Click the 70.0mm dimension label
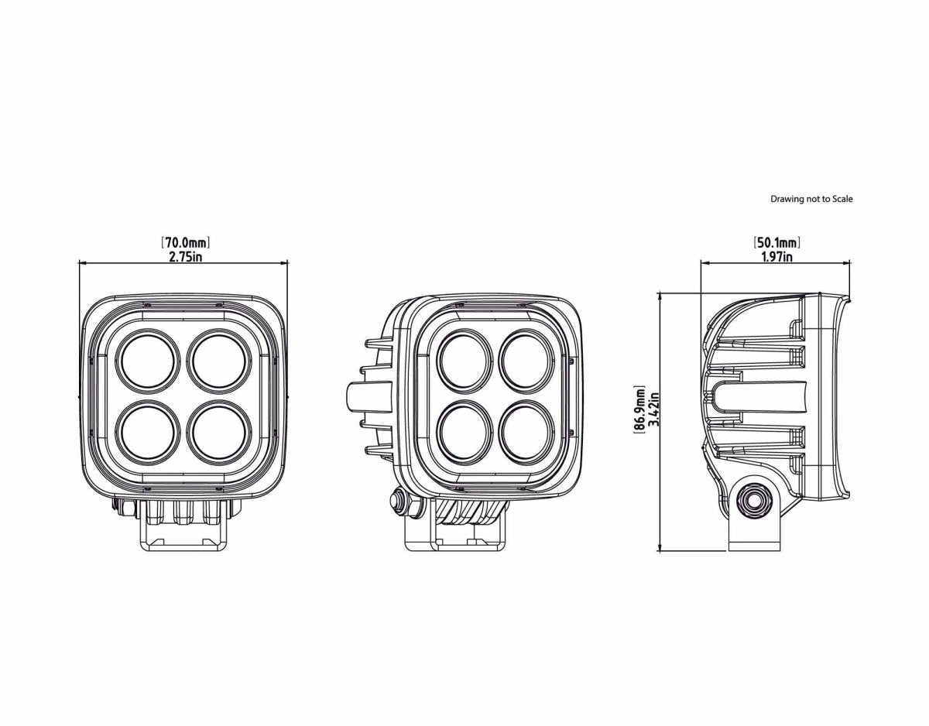tap(186, 244)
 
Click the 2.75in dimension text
tap(186, 257)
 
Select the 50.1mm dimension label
tap(776, 244)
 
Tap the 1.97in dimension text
tap(776, 257)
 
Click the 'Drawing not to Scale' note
tap(811, 199)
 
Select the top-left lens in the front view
tap(148, 361)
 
